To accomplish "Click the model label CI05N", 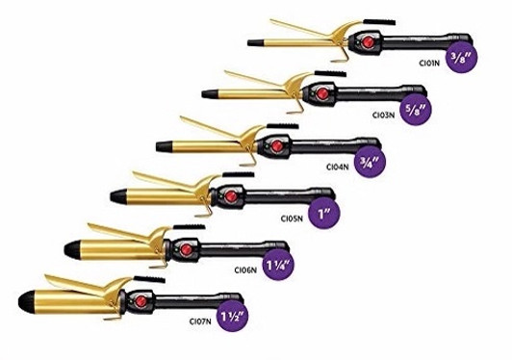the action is pyautogui.click(x=294, y=217).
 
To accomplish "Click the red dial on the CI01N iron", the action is pyautogui.click(x=365, y=43).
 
